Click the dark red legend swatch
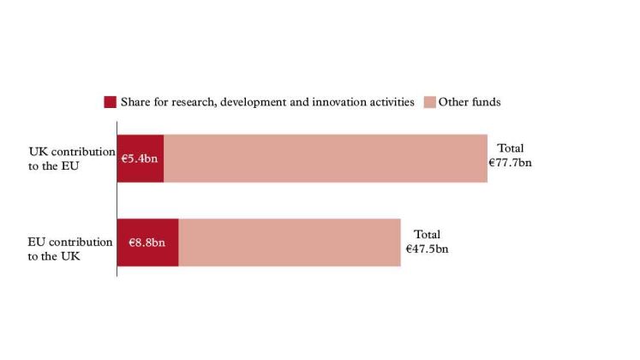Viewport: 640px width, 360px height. (111, 102)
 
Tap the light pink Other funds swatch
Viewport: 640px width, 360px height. (430, 102)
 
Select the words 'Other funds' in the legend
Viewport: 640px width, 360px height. (470, 102)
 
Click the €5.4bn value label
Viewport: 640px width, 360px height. (139, 159)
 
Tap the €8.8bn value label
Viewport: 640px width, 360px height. (147, 243)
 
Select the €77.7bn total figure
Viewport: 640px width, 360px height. (511, 163)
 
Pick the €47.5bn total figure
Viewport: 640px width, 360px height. (427, 249)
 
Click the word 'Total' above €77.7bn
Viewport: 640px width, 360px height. (511, 148)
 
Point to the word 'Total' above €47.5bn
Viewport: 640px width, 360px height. (427, 234)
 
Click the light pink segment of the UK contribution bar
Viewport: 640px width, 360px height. (326, 159)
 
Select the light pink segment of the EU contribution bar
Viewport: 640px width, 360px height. (290, 243)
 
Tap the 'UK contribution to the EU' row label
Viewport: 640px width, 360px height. (72, 159)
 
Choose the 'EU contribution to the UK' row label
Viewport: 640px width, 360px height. (69, 249)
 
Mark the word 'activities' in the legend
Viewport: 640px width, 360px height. (394, 102)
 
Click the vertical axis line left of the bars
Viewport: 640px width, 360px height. (117, 199)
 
